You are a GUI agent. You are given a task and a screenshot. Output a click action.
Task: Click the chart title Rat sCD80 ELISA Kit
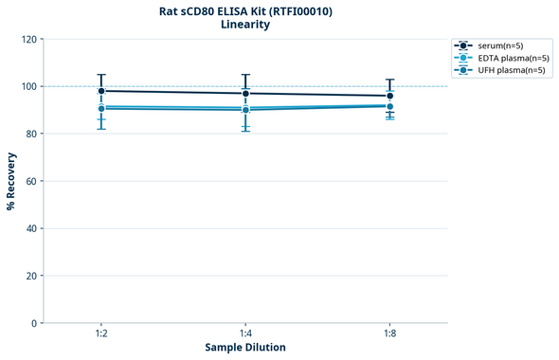click(245, 11)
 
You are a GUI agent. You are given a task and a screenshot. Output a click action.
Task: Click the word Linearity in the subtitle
click(245, 25)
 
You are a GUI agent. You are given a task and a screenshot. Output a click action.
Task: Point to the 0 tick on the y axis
click(34, 323)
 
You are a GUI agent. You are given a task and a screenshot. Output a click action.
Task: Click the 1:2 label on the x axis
click(101, 334)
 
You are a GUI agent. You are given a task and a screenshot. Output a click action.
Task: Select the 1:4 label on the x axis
click(245, 334)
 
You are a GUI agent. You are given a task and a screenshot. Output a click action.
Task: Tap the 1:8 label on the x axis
click(389, 334)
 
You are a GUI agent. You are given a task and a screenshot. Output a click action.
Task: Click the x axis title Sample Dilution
click(245, 348)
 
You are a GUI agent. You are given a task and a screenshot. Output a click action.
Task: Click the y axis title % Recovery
click(11, 181)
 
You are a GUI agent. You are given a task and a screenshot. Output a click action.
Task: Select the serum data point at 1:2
click(101, 91)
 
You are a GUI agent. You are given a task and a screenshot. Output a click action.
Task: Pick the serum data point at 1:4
click(245, 93)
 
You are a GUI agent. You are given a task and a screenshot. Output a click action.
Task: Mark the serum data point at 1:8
click(389, 96)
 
